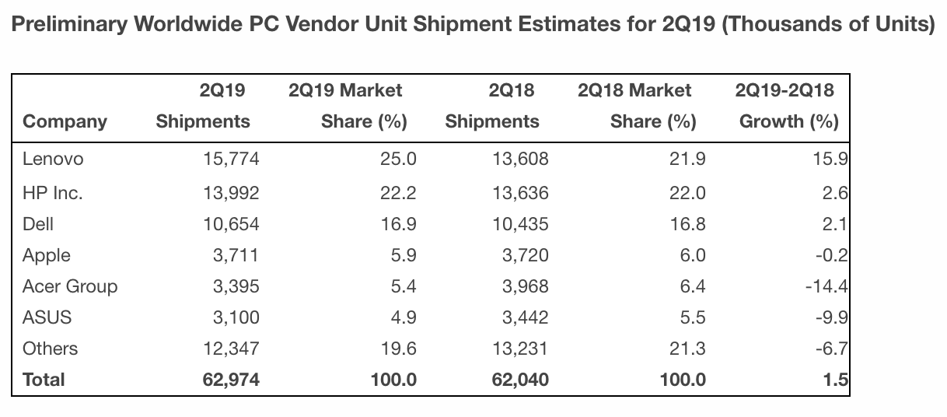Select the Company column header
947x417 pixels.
65,121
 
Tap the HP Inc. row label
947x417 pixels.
52,194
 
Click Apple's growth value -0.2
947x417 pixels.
831,256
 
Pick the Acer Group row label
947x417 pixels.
70,286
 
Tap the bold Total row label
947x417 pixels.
44,380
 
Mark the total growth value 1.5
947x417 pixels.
834,380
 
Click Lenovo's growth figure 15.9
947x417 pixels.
831,159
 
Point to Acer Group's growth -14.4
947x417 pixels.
826,286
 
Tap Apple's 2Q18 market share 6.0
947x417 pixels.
692,256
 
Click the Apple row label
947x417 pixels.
47,256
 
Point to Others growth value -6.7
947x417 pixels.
831,349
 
